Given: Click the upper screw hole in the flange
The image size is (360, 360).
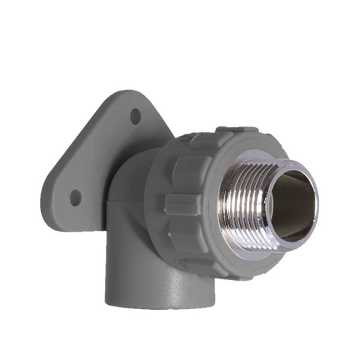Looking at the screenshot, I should tap(135, 116).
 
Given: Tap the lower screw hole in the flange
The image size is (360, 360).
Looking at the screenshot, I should tap(75, 197).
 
